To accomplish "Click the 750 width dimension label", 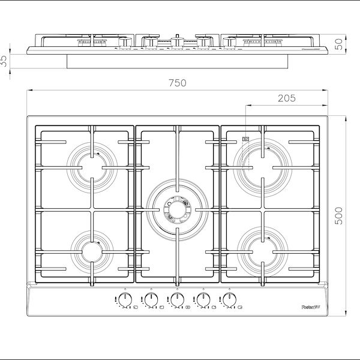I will [x=177, y=83].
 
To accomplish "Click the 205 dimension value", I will [x=286, y=99].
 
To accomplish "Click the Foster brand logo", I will [x=311, y=307].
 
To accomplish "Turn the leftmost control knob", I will [x=124, y=298].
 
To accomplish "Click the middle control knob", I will [x=176, y=298].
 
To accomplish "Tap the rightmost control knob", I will [x=228, y=298].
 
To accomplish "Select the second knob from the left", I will [x=150, y=298].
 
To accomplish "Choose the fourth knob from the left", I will [x=202, y=298].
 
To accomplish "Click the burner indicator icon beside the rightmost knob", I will [x=239, y=308].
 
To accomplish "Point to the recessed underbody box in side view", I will [x=178, y=60].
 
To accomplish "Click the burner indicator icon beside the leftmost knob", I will [x=136, y=308].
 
